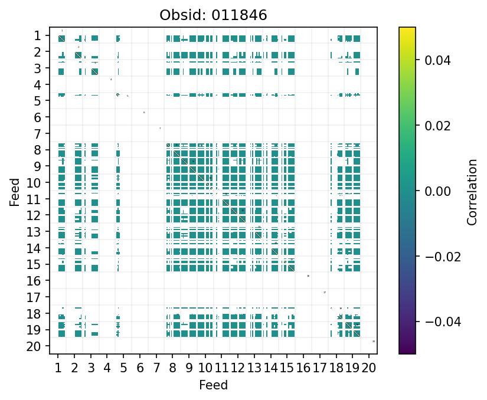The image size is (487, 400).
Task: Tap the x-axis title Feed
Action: [213, 386]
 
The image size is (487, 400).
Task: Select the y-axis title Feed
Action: [14, 192]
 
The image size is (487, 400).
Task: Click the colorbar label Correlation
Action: [472, 191]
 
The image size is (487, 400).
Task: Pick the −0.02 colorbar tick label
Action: [433, 257]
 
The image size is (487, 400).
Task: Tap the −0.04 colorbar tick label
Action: [433, 322]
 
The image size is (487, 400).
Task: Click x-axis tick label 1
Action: [58, 369]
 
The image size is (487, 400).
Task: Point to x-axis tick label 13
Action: [254, 369]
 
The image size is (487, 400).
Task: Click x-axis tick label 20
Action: [369, 369]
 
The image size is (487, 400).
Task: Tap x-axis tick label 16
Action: [303, 369]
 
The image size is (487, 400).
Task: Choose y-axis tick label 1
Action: [37, 36]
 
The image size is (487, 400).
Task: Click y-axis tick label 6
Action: [37, 117]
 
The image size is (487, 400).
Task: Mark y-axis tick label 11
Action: [34, 199]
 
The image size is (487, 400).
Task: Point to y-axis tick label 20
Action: [34, 346]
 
